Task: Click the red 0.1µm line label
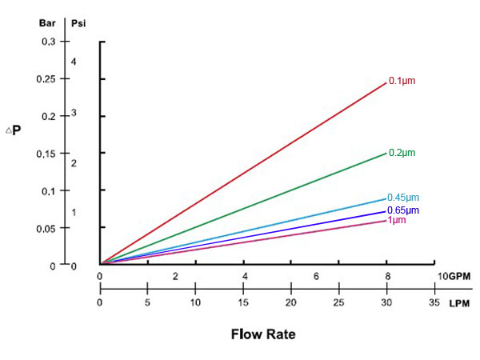click(x=402, y=81)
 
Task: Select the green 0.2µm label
click(x=402, y=152)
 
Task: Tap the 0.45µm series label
click(x=403, y=198)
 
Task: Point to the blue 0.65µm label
click(x=403, y=210)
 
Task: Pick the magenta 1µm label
click(x=397, y=220)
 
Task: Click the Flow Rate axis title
click(x=263, y=334)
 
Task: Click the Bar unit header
click(x=47, y=22)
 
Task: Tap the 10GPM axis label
click(x=454, y=276)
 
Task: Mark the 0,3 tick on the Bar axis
click(x=49, y=42)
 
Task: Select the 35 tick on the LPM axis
click(x=434, y=304)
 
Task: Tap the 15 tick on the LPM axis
click(x=243, y=304)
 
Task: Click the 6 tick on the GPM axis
click(x=317, y=276)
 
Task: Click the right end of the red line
click(x=386, y=82)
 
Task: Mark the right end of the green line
click(x=386, y=152)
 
